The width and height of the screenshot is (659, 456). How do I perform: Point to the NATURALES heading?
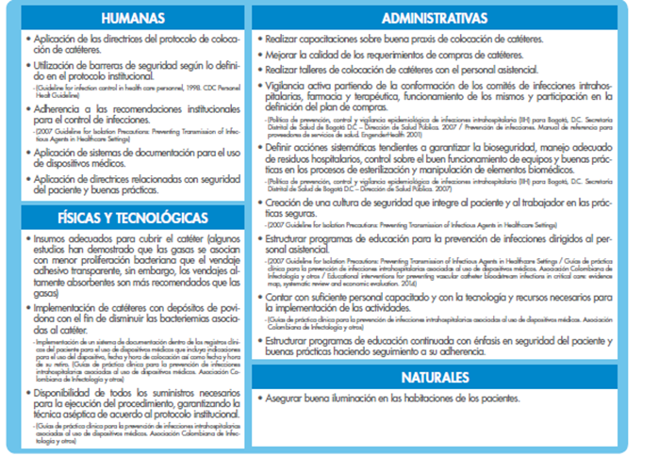(x=448, y=378)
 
